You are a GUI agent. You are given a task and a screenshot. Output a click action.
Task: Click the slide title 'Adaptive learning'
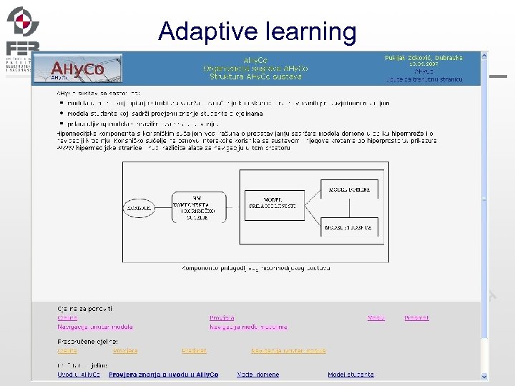[x=257, y=31]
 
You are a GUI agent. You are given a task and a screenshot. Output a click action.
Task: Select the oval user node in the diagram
[x=138, y=209]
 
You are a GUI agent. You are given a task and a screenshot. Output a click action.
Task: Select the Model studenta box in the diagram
[x=348, y=227]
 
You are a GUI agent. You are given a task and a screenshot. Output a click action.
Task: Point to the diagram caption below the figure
[x=256, y=268]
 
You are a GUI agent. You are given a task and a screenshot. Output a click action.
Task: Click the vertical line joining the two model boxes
[x=348, y=208]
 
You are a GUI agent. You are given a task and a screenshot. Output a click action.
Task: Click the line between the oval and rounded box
[x=163, y=209]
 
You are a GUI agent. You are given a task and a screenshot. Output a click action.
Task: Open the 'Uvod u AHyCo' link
[x=79, y=374]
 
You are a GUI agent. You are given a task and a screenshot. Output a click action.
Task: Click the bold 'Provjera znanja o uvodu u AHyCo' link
[x=163, y=374]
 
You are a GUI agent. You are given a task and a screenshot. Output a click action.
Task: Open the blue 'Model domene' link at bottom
[x=258, y=374]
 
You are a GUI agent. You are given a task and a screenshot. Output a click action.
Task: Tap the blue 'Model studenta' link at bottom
[x=350, y=374]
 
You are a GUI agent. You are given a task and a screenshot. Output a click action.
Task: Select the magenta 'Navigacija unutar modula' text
[x=95, y=327]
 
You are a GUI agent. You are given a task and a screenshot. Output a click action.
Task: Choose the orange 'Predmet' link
[x=194, y=350]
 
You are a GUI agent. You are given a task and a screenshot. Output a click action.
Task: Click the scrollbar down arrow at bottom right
[x=485, y=377]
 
